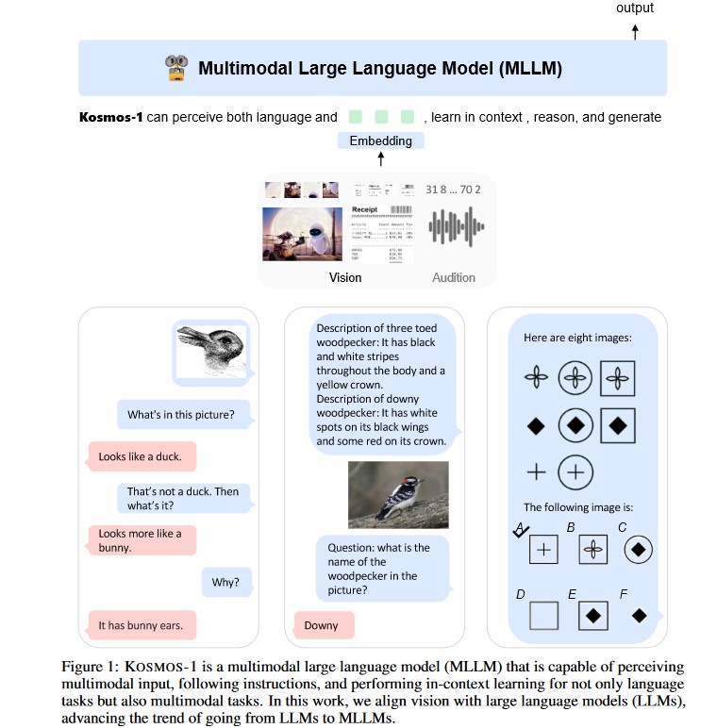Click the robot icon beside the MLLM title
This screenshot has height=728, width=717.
pos(176,67)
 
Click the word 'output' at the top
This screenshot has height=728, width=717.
pos(635,8)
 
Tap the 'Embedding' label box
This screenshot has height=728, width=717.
pos(381,141)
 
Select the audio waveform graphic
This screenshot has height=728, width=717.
pos(457,226)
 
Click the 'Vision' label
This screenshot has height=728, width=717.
pos(344,277)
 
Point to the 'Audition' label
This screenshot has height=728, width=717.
pos(454,277)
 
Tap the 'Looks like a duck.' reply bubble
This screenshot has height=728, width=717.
pos(141,456)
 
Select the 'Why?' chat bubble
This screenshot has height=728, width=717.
pos(225,582)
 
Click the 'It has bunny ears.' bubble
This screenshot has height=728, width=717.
pos(141,625)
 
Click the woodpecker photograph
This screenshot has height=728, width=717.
pos(397,494)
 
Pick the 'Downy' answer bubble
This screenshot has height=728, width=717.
pos(321,625)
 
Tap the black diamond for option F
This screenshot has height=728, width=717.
pos(639,615)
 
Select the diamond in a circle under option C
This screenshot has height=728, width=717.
pos(639,548)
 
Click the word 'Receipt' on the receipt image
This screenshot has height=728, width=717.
pos(364,209)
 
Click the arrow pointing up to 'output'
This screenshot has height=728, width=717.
pos(635,30)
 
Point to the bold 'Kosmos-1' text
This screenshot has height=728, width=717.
pos(112,117)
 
